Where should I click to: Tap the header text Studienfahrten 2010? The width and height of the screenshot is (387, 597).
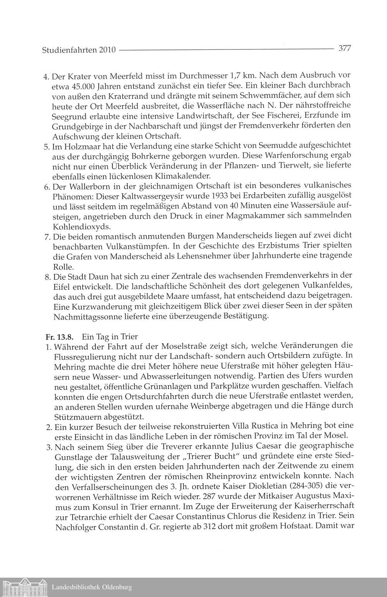[x=78, y=50]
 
